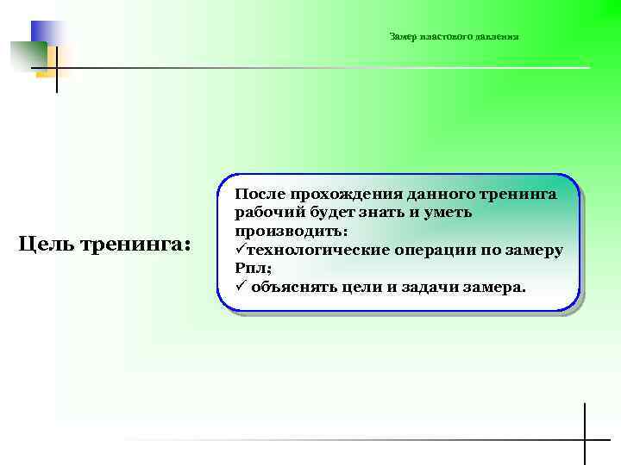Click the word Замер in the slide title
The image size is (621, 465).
coord(403,37)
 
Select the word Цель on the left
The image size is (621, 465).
coord(47,245)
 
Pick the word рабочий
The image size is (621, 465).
coord(265,213)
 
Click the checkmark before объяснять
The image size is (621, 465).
coord(241,286)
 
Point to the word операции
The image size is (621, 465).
coord(444,250)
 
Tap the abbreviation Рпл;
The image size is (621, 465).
coord(253,268)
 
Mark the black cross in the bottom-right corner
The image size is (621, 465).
coord(586,439)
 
